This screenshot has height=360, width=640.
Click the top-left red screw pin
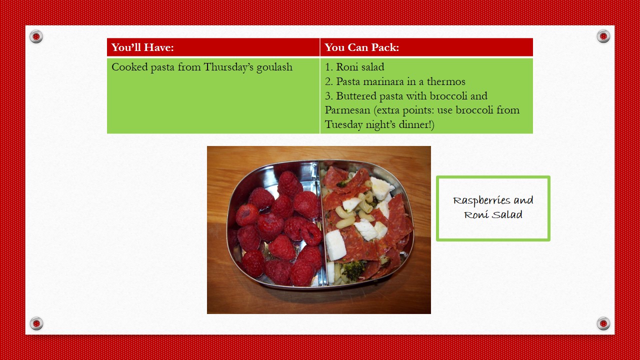coord(36,36)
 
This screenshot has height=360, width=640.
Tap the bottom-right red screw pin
coord(603,323)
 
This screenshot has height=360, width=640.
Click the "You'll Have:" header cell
coord(213,47)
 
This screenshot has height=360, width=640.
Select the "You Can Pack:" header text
coord(361,47)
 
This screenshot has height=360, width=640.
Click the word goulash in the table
coord(274,67)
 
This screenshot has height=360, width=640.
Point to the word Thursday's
coord(228,67)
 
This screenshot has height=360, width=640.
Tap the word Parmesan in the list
coord(347,110)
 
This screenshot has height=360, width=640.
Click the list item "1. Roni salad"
coord(354,67)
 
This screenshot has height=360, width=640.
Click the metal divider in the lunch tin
coord(322,223)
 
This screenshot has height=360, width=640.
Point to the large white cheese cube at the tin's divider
coord(335,245)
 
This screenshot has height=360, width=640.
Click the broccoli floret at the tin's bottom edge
coord(353,269)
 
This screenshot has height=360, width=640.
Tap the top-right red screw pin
coord(603,36)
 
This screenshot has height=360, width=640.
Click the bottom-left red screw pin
coord(36,323)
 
